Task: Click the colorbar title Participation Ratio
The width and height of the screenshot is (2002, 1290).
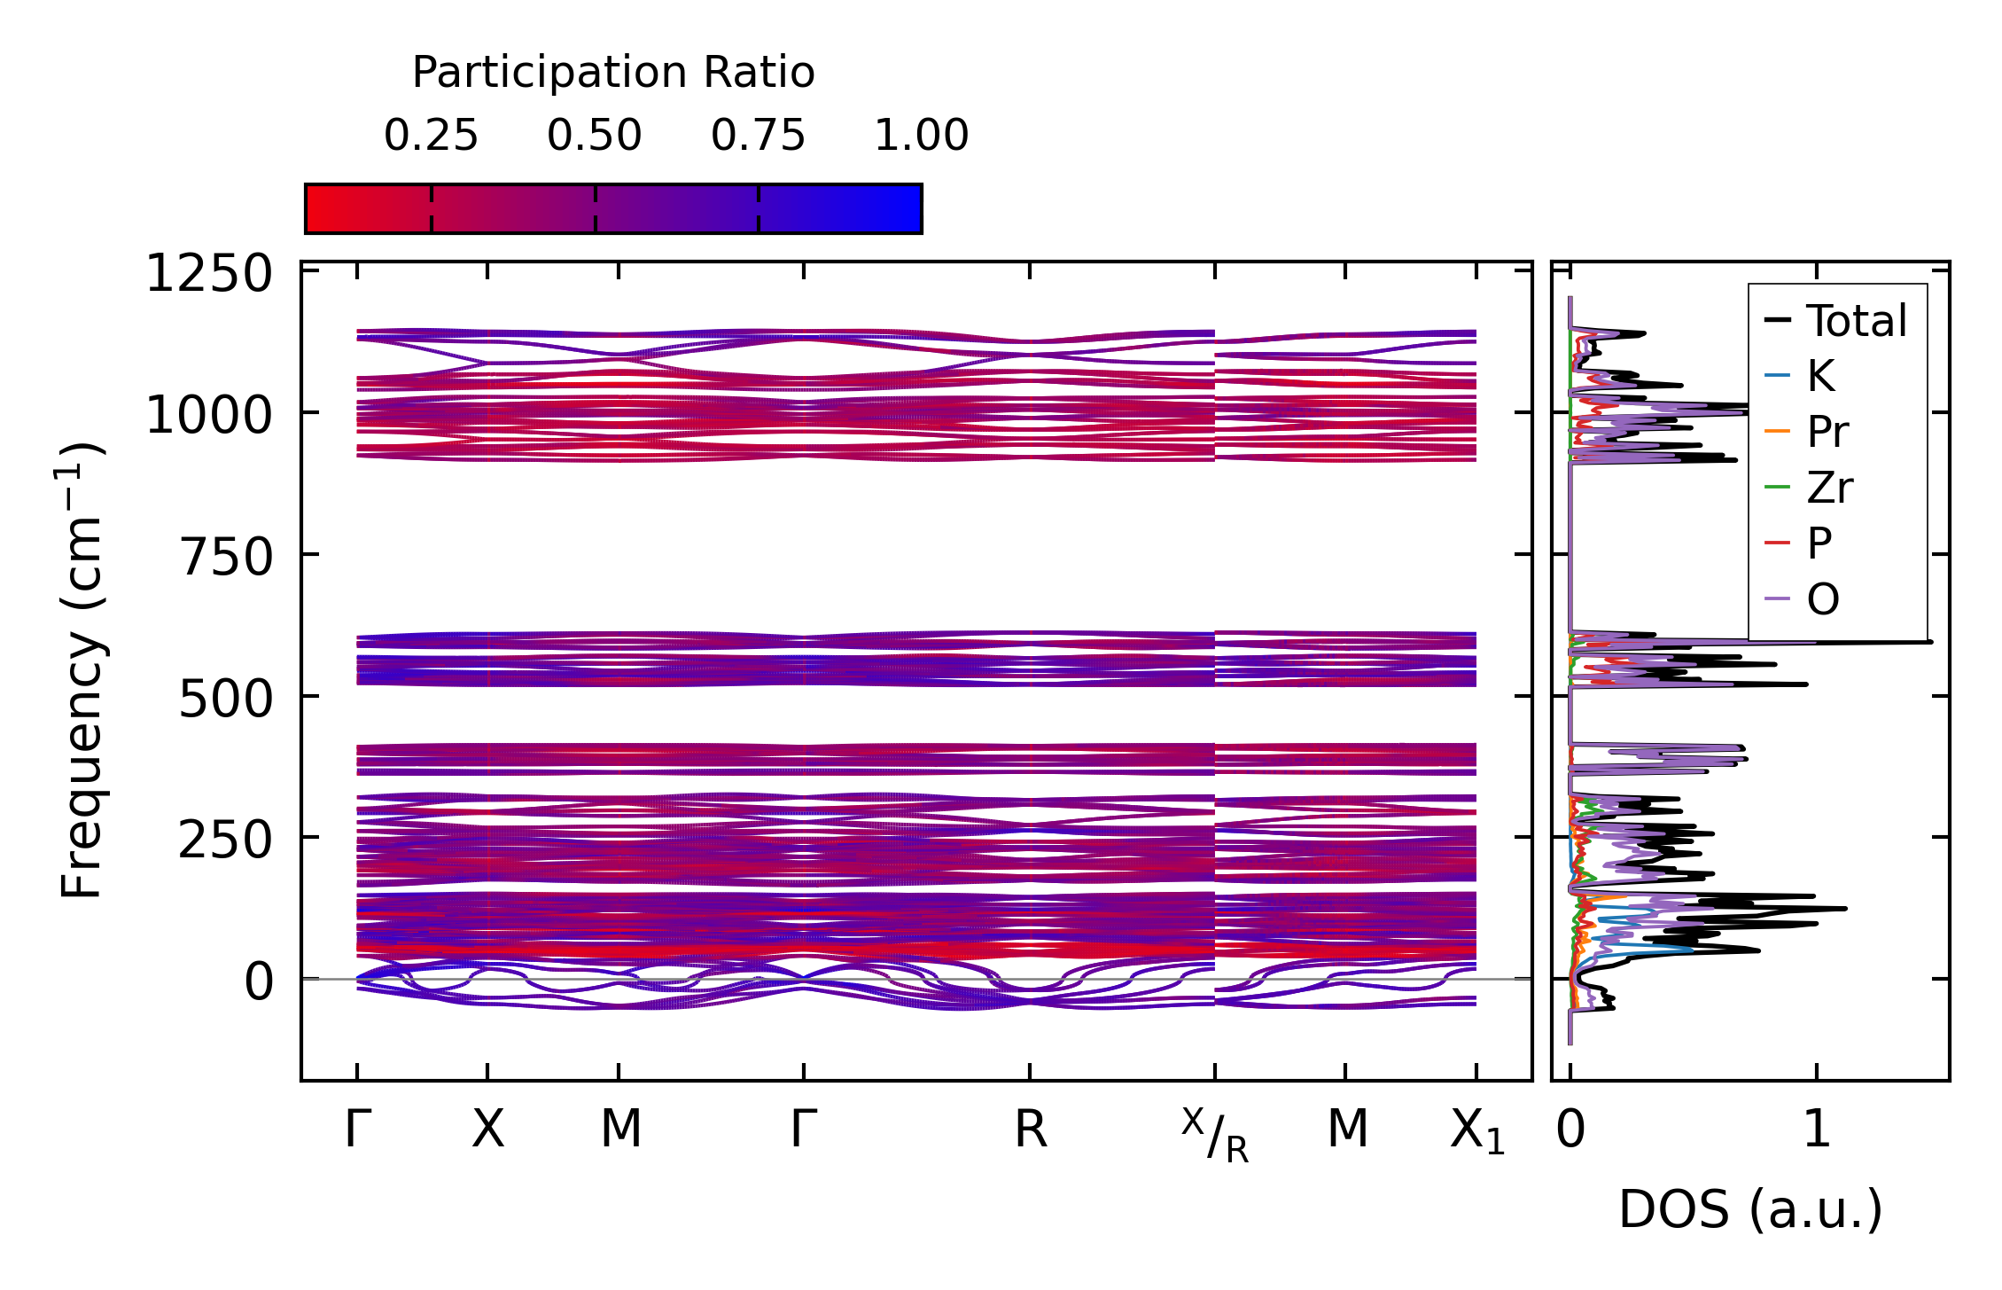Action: click(613, 73)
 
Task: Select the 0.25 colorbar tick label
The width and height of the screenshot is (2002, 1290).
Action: click(431, 136)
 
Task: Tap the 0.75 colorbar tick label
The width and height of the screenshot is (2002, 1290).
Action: click(758, 136)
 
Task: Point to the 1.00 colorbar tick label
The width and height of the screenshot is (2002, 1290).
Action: click(922, 136)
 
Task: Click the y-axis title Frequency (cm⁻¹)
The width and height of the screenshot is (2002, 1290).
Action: click(82, 670)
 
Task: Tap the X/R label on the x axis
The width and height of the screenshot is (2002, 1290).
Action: click(1215, 1135)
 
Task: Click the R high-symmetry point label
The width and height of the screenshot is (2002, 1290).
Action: click(1031, 1130)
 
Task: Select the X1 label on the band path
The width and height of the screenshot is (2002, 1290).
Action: click(1477, 1132)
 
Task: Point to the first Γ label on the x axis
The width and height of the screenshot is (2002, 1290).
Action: click(357, 1130)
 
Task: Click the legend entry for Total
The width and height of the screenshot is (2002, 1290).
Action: click(1856, 321)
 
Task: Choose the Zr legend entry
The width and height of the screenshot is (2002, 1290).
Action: click(1829, 488)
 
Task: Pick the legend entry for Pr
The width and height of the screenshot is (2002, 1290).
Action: click(1827, 432)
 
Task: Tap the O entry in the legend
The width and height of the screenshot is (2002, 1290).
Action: click(1823, 600)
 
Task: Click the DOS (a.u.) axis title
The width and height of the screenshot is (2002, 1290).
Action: click(1750, 1210)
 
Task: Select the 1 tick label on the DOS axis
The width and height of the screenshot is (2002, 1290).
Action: click(1817, 1130)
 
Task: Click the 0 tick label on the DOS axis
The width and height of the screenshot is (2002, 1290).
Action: click(1570, 1130)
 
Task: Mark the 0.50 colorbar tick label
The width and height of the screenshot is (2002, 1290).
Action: click(595, 136)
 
